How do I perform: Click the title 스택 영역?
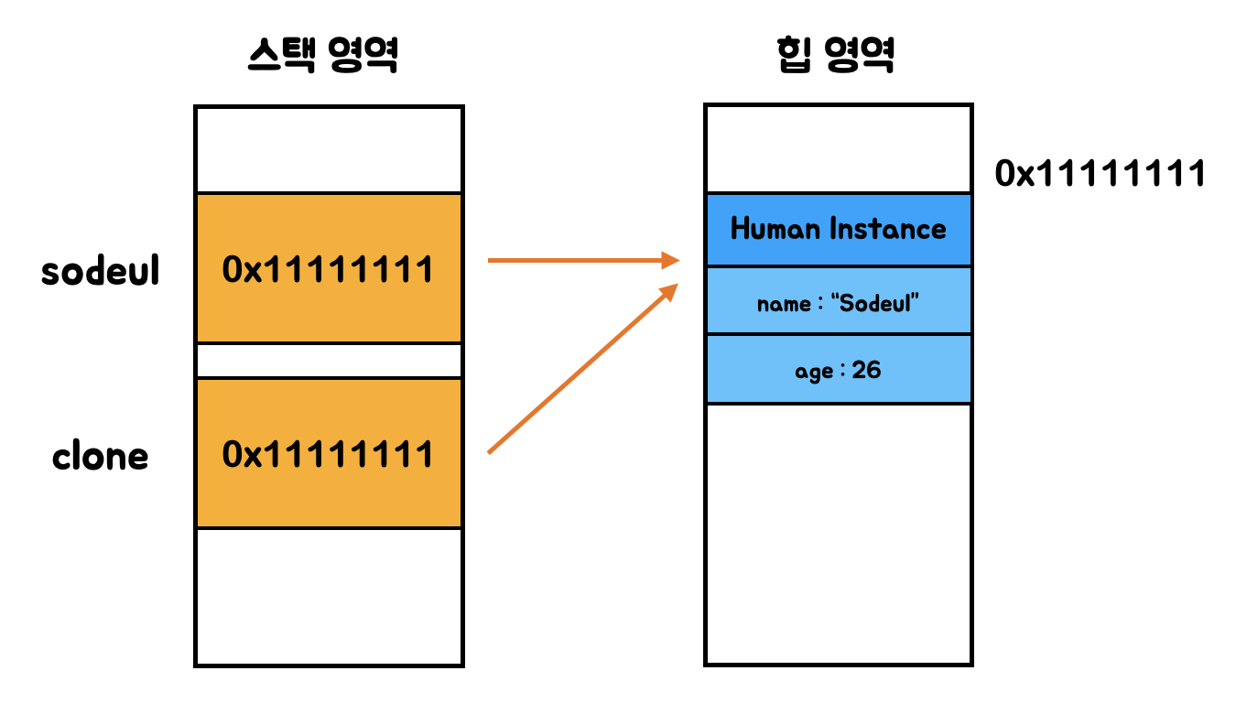point(323,57)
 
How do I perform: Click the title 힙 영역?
point(833,57)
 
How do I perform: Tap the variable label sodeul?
point(101,271)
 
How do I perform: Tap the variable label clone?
point(100,456)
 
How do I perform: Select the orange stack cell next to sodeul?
point(329,269)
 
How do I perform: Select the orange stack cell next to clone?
point(329,453)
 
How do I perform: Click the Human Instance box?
point(838,229)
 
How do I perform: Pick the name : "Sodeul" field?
point(838,301)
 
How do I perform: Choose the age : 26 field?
point(838,370)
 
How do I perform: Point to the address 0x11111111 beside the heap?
point(1100,173)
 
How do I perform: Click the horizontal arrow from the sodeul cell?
point(581,261)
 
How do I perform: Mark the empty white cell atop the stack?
point(329,149)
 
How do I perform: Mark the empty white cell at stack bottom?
point(329,596)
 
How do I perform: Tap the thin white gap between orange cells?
point(329,361)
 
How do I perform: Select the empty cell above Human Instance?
point(838,148)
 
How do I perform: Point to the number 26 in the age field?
point(866,370)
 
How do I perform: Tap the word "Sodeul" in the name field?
point(876,302)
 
